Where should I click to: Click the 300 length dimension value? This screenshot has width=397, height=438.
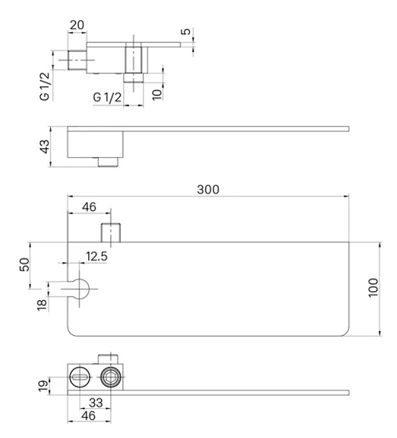(x=208, y=189)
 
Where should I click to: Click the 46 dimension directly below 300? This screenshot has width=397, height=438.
(x=89, y=207)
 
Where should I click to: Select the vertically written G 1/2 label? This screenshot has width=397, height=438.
(x=44, y=86)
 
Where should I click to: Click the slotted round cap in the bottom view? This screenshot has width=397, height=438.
(x=79, y=377)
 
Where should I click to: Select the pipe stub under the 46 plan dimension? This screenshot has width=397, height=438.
(x=111, y=233)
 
